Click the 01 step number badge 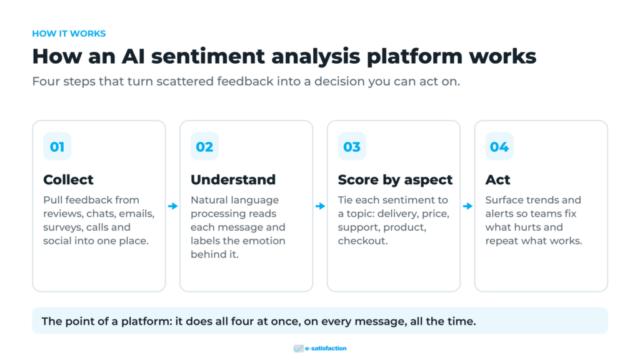coord(57,146)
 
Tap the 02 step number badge coord(204,146)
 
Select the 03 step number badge coord(352,146)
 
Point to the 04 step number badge coord(499,146)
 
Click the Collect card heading coord(68,179)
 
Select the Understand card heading coord(233,179)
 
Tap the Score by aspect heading coord(395,180)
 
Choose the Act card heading coord(497,179)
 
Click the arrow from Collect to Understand coord(173,206)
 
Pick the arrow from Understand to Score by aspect coord(321,206)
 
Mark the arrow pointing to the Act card coord(467,206)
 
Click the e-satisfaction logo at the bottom coord(320,348)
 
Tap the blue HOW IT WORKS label coord(69,34)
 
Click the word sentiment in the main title coord(208,56)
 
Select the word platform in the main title coord(414,57)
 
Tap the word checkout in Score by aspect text coord(362,241)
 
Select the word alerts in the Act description coord(500,214)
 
